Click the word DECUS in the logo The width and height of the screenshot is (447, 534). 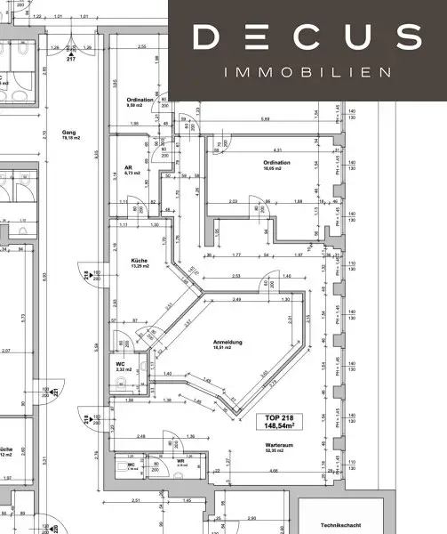(307, 37)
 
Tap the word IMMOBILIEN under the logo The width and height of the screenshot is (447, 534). (307, 71)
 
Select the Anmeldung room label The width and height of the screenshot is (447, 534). (228, 344)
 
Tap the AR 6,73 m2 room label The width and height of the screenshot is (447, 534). (128, 170)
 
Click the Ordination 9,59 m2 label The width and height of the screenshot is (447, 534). (140, 103)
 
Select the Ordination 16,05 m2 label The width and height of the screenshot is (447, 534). (277, 165)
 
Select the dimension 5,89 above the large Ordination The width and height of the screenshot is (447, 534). (265, 119)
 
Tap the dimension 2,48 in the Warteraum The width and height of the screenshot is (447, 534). (141, 436)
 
